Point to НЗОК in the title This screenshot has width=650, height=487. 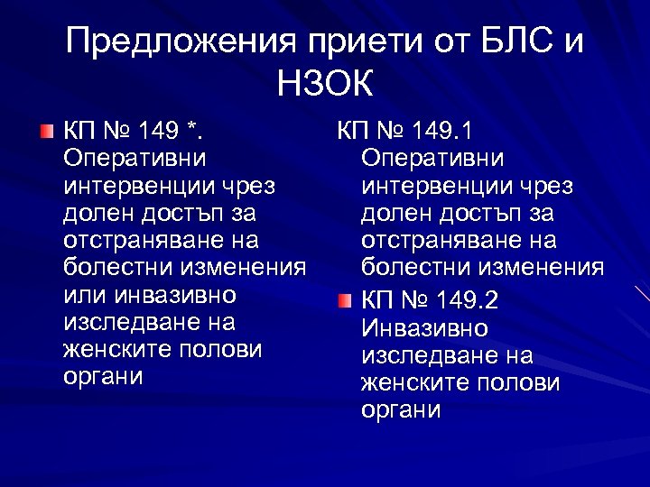(x=324, y=87)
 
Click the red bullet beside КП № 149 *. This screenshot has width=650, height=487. (x=47, y=133)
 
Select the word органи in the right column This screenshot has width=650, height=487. (x=401, y=410)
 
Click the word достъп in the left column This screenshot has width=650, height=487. (x=177, y=214)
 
